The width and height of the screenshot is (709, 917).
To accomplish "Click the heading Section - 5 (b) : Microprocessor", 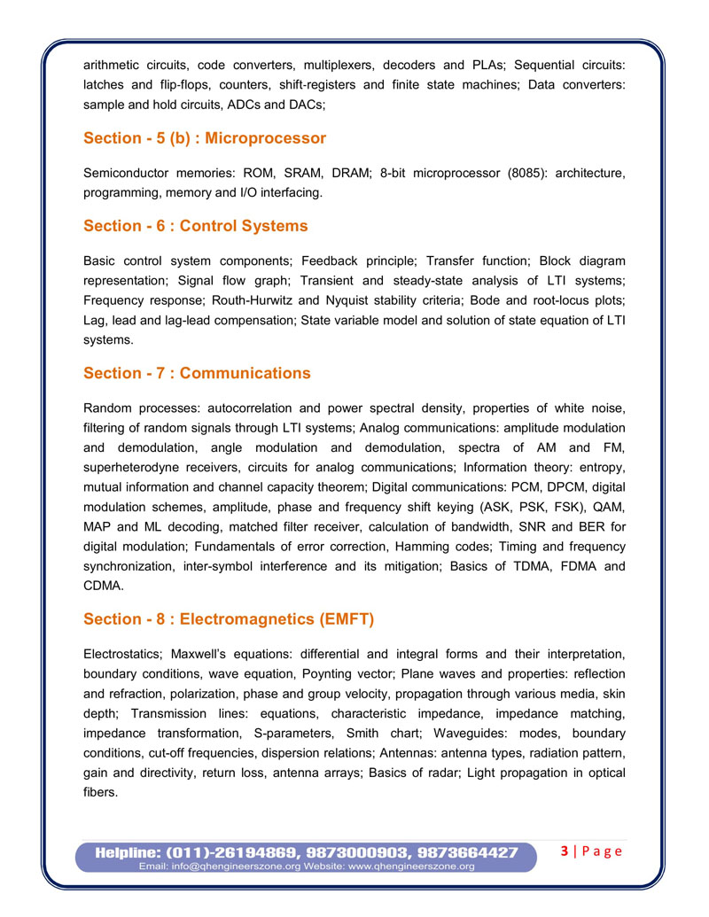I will [x=205, y=138].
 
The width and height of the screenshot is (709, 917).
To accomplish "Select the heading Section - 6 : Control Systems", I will [x=196, y=226].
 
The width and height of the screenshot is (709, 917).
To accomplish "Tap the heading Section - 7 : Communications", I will [x=197, y=373].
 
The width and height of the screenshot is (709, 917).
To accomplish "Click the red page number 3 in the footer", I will [x=565, y=851].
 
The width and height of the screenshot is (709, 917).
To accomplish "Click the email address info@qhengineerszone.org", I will [x=233, y=866].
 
